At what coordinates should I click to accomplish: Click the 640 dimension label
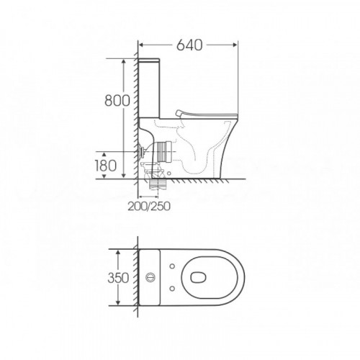point(189,45)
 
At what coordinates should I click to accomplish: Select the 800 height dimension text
point(117,100)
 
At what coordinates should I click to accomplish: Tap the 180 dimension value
point(105,166)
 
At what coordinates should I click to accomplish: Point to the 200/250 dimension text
point(149,206)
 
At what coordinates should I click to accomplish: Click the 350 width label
point(118,278)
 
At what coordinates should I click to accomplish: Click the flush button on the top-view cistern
point(150,277)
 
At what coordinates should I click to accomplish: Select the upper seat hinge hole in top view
point(172,266)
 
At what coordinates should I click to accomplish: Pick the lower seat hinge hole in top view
point(172,288)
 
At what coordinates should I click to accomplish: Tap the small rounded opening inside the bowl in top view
point(199,277)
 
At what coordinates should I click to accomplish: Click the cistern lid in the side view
point(149,60)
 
